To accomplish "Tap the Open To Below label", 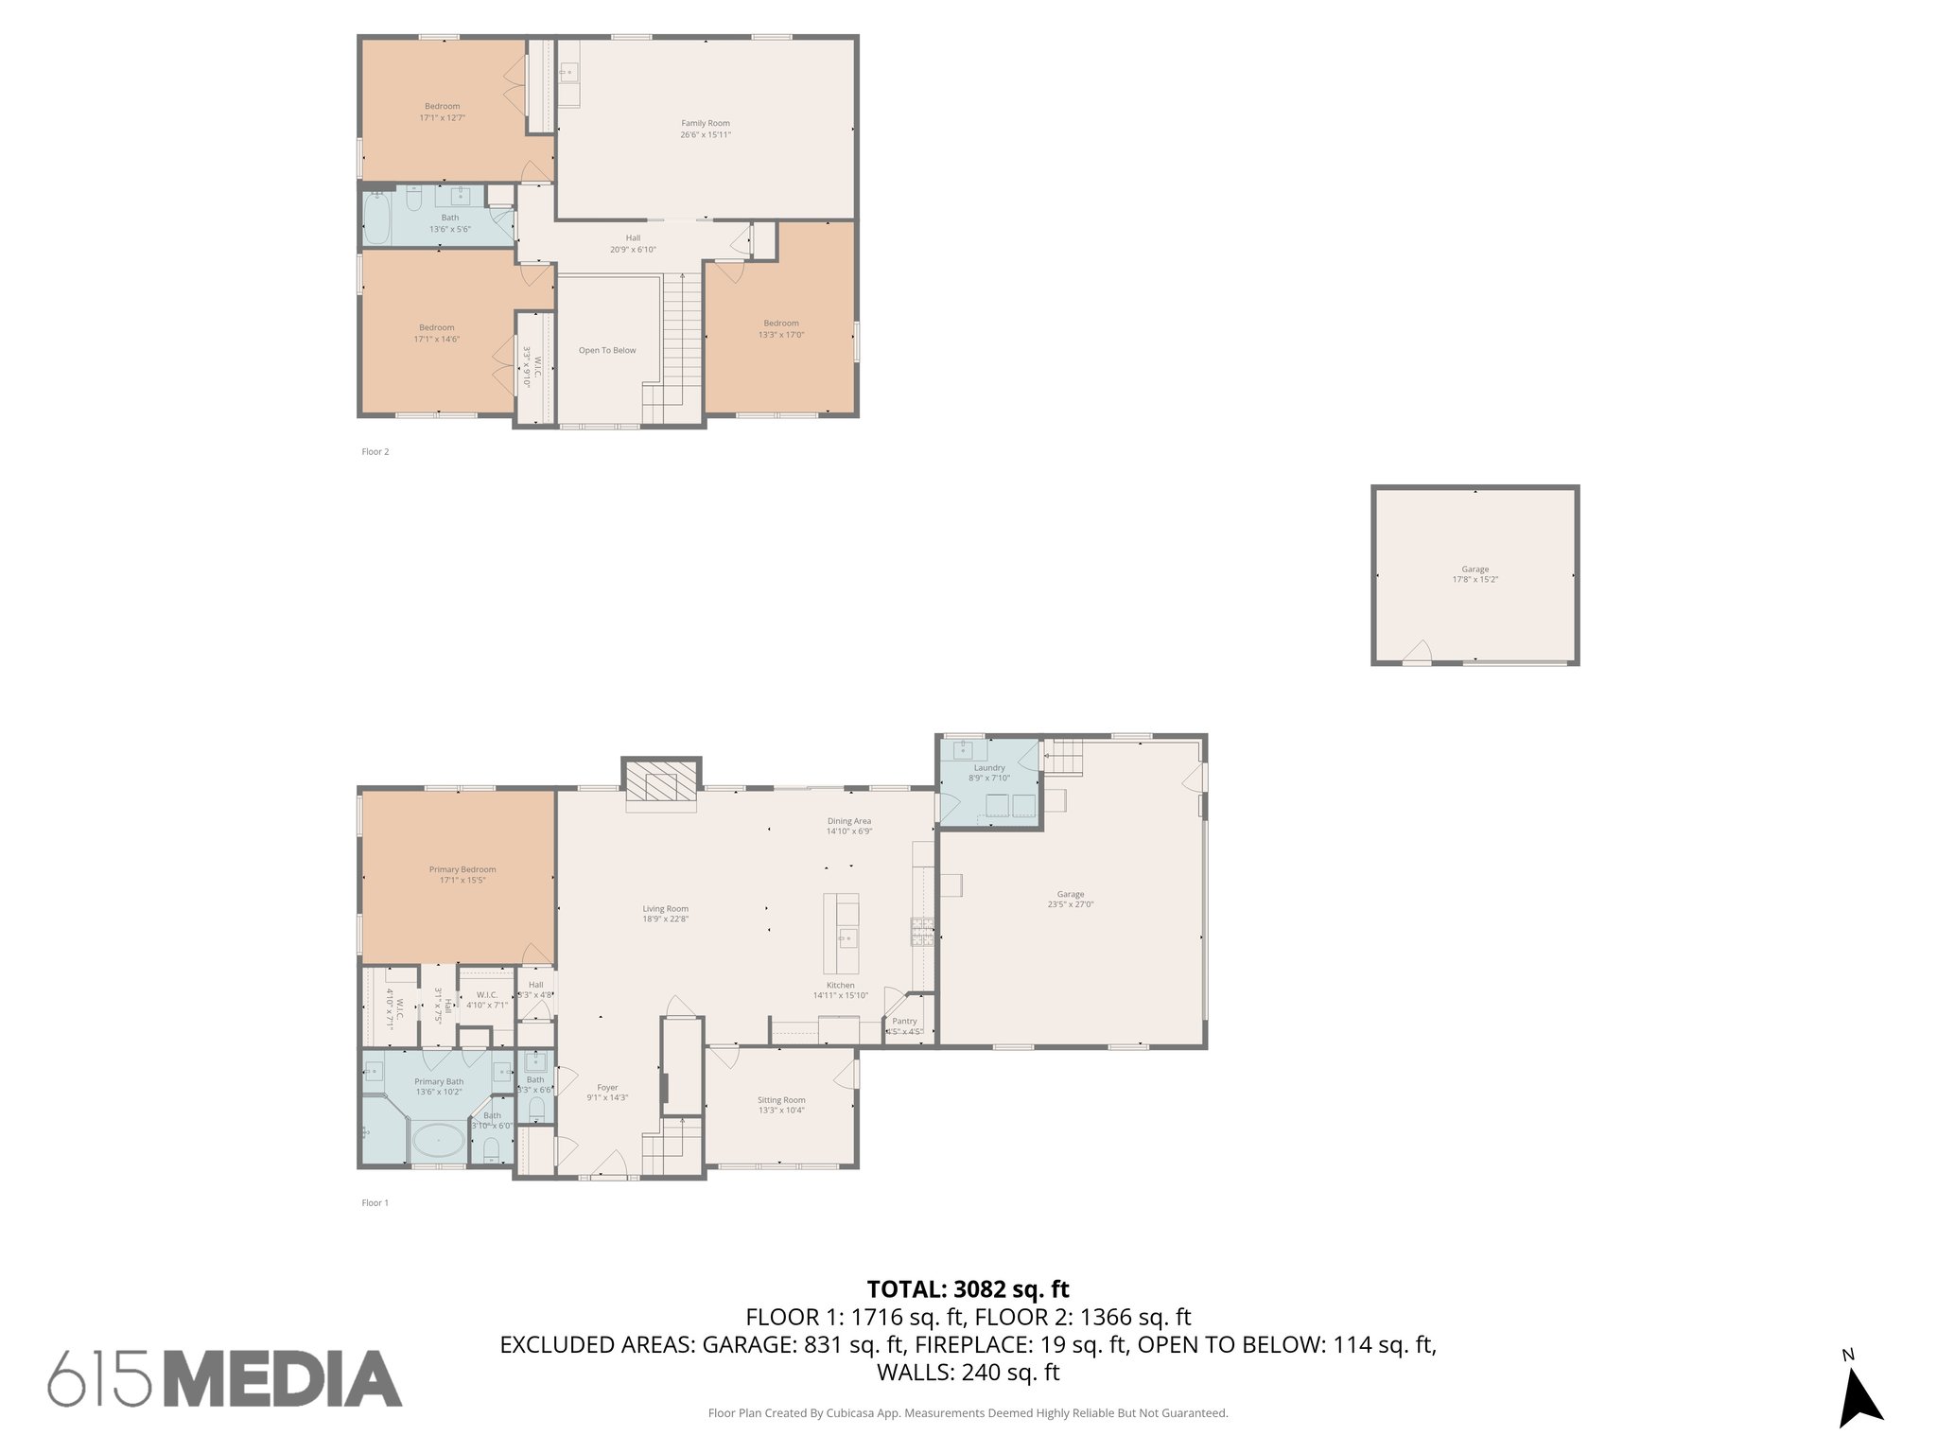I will click(607, 350).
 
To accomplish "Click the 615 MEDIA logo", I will click(225, 1379).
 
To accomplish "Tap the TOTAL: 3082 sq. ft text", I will click(968, 1288).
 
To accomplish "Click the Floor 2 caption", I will click(375, 451).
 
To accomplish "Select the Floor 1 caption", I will click(375, 1202).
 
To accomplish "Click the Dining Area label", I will click(848, 826).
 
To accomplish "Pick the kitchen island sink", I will click(848, 938).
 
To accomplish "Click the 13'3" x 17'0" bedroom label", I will click(781, 328).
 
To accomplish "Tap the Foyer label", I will click(607, 1093).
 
